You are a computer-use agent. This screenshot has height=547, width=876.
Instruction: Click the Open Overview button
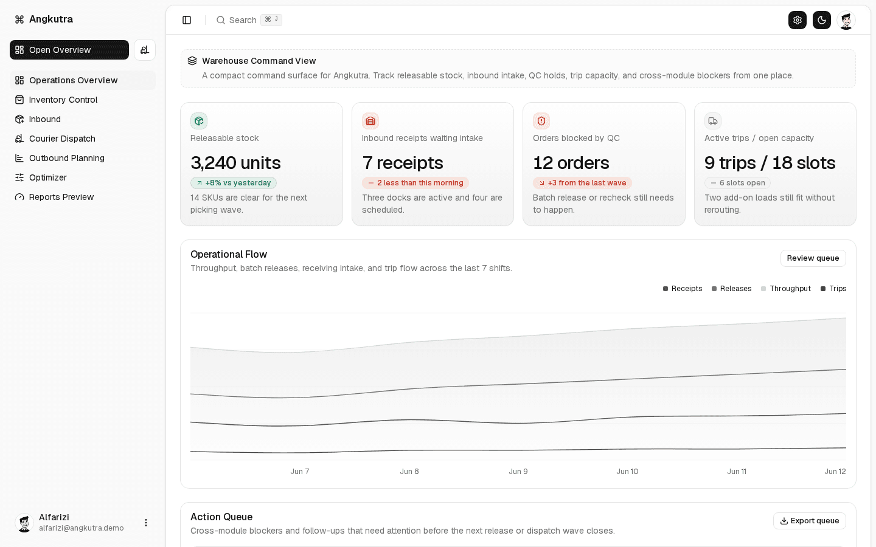(x=69, y=50)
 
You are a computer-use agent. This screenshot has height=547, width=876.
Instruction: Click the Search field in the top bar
(x=249, y=20)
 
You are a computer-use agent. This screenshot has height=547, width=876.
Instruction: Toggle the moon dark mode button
(x=822, y=20)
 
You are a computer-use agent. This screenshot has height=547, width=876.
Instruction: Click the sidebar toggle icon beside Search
(x=187, y=20)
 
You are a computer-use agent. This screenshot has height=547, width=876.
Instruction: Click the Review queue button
(x=813, y=258)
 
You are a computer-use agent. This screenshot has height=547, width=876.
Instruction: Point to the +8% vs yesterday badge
(x=234, y=183)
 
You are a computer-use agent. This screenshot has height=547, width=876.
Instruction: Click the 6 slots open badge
(x=737, y=183)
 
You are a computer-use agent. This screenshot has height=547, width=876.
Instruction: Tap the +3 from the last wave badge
(x=582, y=183)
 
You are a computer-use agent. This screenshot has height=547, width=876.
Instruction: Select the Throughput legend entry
(x=786, y=289)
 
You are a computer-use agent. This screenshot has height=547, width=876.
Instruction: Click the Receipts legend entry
(x=683, y=289)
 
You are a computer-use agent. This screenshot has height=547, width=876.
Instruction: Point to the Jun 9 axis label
(x=518, y=472)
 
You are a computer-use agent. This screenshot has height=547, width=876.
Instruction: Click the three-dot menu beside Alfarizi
(x=146, y=523)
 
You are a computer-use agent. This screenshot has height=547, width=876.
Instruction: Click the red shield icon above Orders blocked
(x=541, y=121)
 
